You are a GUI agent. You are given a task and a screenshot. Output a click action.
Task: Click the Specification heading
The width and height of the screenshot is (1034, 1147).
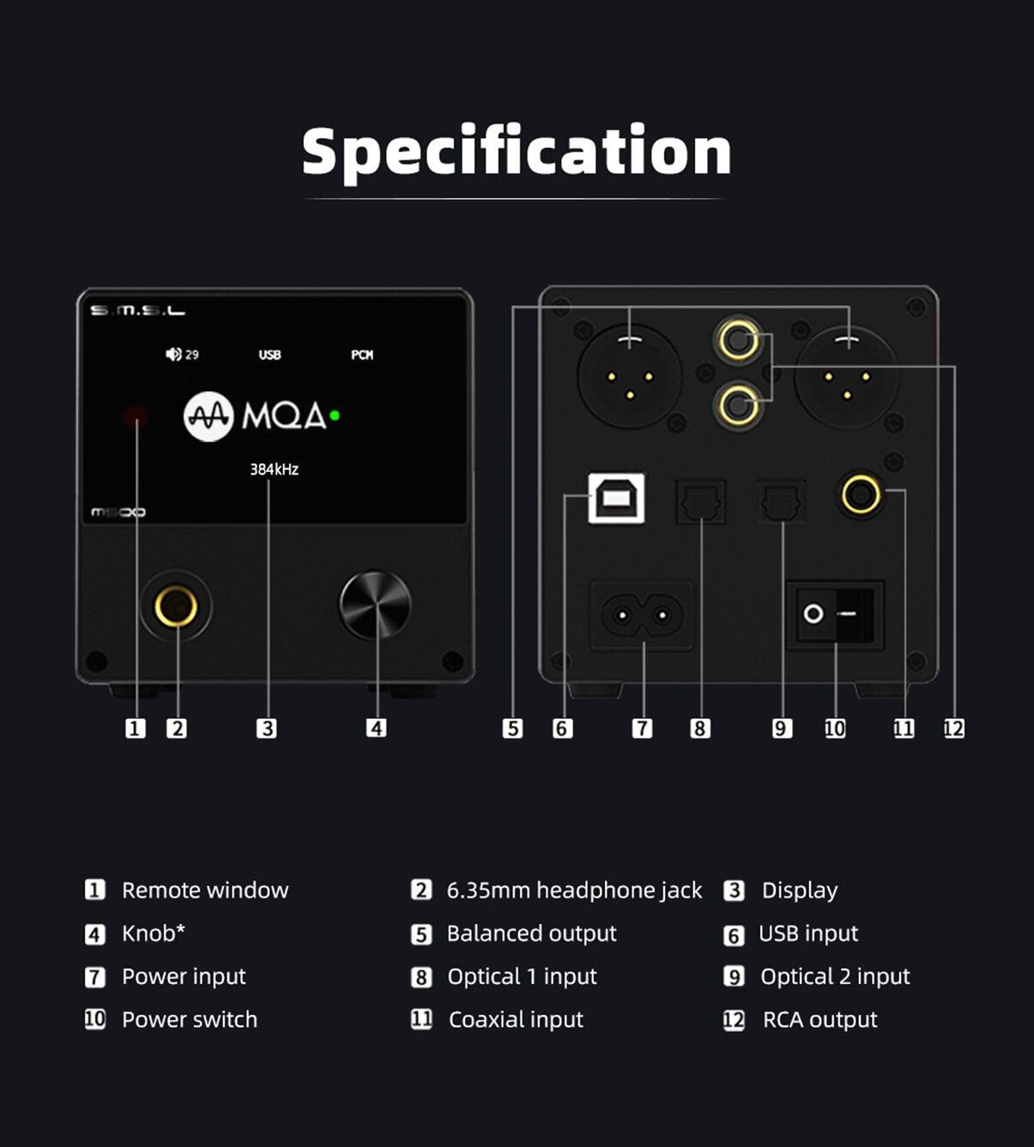coord(517,152)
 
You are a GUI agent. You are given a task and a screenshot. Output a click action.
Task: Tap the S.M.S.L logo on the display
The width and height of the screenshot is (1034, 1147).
coord(137,311)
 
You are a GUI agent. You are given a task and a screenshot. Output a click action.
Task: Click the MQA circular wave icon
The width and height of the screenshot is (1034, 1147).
coord(209,416)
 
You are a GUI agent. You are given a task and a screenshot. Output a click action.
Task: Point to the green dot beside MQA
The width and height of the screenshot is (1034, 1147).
coord(335,415)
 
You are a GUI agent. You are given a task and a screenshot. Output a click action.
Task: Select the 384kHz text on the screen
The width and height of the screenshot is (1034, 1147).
coord(274,469)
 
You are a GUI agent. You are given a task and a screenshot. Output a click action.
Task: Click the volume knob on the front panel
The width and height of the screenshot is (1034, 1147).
coord(375,605)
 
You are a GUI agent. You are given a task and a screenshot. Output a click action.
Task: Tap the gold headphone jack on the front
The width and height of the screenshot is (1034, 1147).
coord(176,607)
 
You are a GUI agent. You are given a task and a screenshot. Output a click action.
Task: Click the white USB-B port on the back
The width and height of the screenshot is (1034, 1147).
coord(616,498)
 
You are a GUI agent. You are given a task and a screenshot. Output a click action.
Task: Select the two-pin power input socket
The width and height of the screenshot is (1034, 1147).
coord(642,615)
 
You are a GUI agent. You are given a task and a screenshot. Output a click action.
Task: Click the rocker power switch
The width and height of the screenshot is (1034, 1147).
coord(834,614)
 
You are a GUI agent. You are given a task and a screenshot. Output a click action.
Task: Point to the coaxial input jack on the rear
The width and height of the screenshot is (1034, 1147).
coord(861,494)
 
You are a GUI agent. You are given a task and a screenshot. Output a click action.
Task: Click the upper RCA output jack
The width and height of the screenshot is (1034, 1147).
coord(739,341)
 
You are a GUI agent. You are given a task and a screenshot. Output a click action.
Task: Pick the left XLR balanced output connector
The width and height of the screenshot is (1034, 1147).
coord(629,377)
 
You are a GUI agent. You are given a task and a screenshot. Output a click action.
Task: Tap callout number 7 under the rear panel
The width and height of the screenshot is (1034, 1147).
coord(642,728)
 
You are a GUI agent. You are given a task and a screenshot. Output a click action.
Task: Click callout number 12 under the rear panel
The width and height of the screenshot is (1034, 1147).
coord(953,728)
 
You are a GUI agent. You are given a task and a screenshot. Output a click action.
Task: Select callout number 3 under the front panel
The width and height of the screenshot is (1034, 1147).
coord(267,728)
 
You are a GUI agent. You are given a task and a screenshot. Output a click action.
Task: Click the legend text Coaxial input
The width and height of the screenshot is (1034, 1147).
coord(515,1019)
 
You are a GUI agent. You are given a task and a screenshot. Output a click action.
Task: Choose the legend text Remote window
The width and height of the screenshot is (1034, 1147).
coord(204,890)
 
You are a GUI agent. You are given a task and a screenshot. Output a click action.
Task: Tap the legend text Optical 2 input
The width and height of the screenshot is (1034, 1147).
coord(834,976)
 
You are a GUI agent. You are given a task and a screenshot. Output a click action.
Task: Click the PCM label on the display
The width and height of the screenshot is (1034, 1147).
coord(361,354)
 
